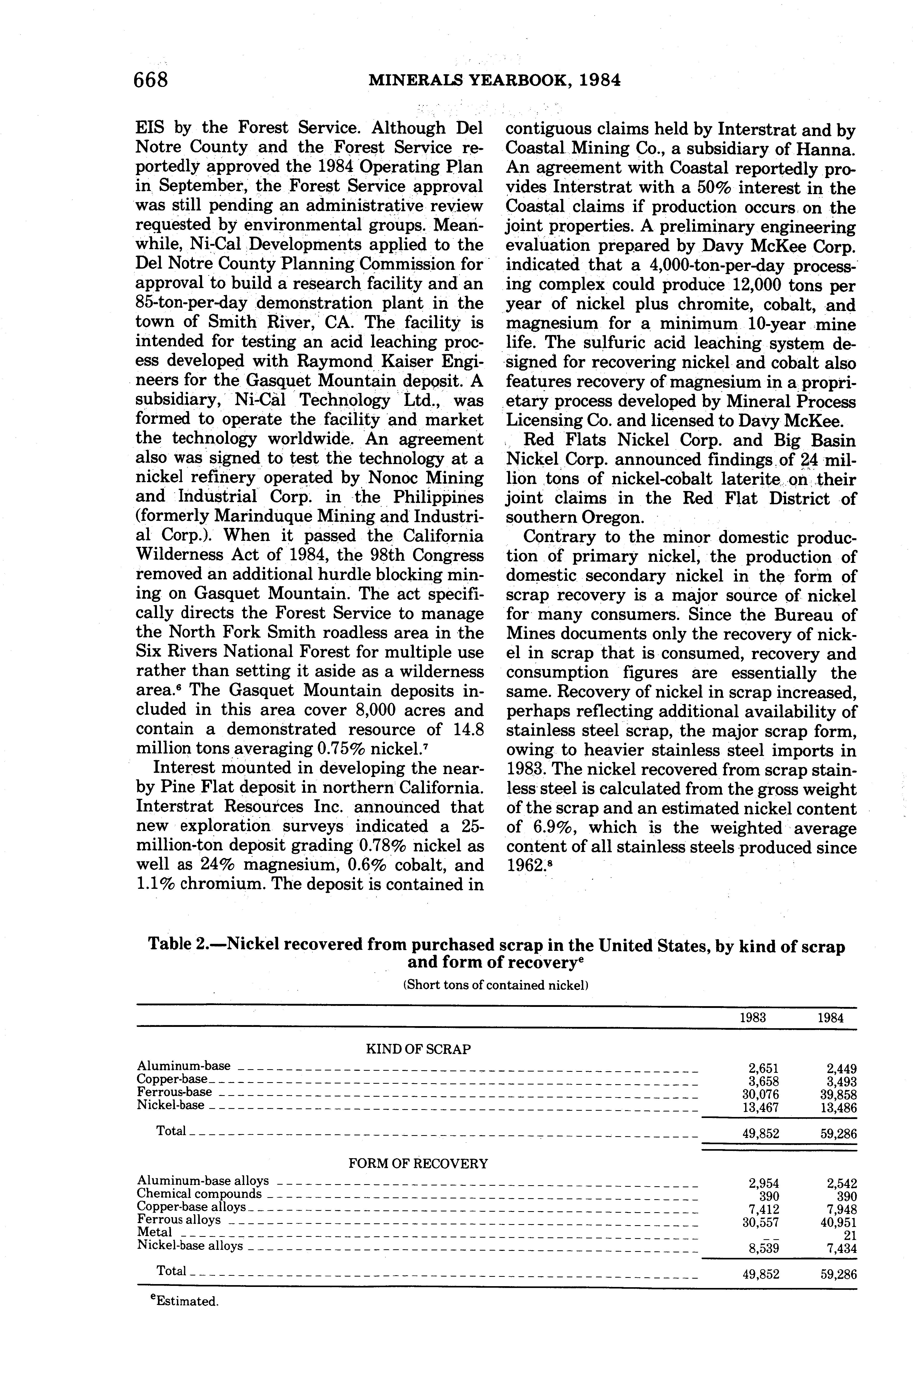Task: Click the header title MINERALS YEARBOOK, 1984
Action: [494, 80]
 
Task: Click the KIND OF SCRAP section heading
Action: [418, 1049]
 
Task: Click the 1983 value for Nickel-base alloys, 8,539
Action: [761, 1248]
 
